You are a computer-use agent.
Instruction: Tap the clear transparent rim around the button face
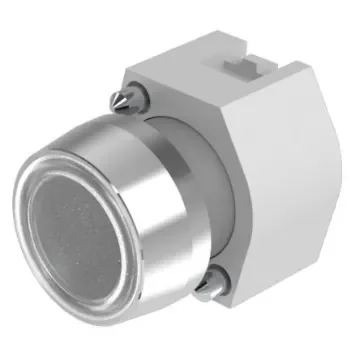(x=40, y=200)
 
